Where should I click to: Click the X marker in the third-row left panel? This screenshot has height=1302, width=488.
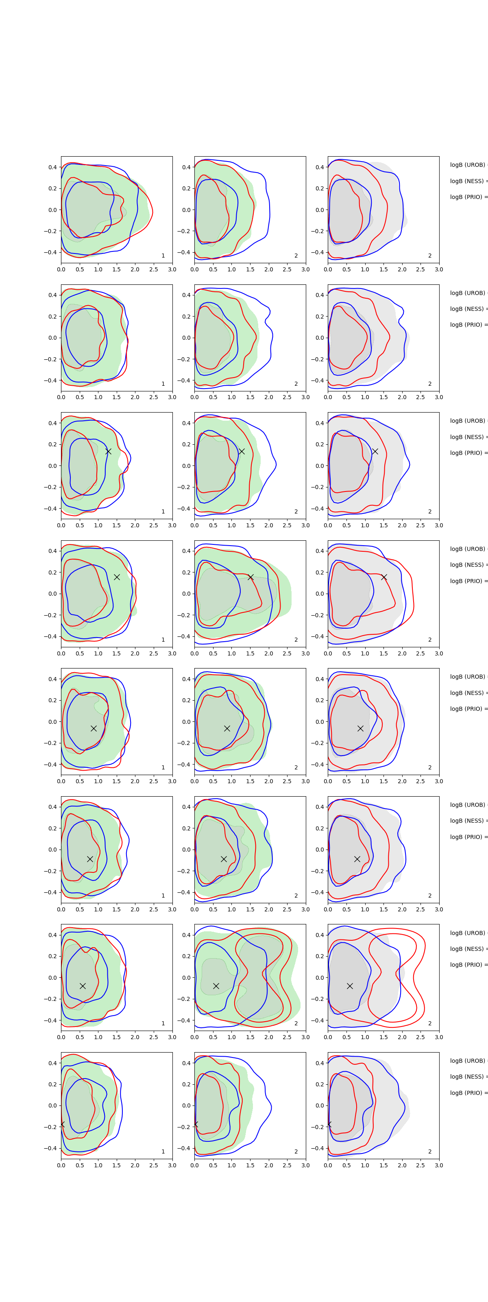pyautogui.click(x=108, y=451)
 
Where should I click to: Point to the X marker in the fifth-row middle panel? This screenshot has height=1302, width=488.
pyautogui.click(x=227, y=728)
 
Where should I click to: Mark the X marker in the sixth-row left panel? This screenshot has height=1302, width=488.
pyautogui.click(x=90, y=859)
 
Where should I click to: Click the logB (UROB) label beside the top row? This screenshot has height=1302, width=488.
pyautogui.click(x=468, y=165)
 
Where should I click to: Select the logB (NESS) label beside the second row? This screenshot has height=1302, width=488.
pyautogui.click(x=468, y=309)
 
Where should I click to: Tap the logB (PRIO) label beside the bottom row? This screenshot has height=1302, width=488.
pyautogui.click(x=468, y=1093)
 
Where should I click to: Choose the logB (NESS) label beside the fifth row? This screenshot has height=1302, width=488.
pyautogui.click(x=468, y=693)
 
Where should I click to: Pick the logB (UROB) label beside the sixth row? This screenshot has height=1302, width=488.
pyautogui.click(x=468, y=805)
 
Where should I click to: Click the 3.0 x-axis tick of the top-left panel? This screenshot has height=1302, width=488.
pyautogui.click(x=172, y=269)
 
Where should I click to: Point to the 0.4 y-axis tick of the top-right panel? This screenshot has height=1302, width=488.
pyautogui.click(x=320, y=167)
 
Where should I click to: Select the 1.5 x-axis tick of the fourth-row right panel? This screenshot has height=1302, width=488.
pyautogui.click(x=383, y=653)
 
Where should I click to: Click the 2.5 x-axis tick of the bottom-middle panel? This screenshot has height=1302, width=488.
pyautogui.click(x=287, y=1166)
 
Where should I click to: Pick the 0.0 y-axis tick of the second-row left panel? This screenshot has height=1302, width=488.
pyautogui.click(x=52, y=338)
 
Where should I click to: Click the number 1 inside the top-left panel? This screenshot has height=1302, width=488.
pyautogui.click(x=163, y=256)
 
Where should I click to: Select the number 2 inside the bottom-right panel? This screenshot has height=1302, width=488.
pyautogui.click(x=430, y=1151)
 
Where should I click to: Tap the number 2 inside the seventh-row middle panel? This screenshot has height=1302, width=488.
pyautogui.click(x=296, y=1024)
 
